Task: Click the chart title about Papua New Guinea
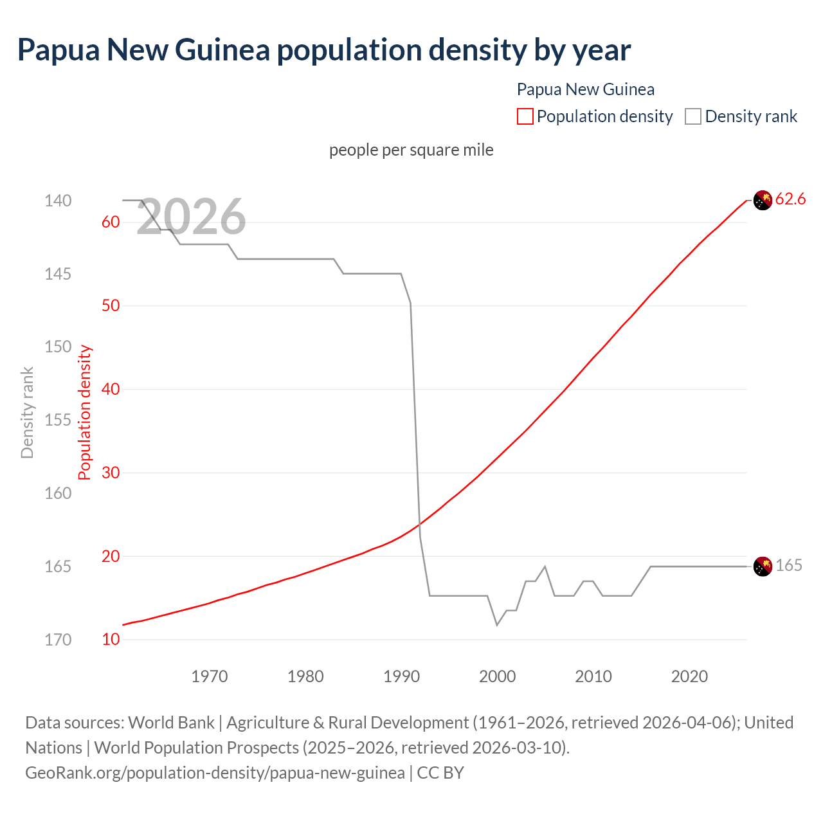[324, 50]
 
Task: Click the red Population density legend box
[525, 116]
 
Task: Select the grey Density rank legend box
[692, 116]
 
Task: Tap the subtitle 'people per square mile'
[411, 150]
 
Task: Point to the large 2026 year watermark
[191, 217]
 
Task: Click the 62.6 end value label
[790, 199]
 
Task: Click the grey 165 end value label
[789, 565]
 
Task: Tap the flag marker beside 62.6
[763, 201]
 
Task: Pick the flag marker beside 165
[763, 566]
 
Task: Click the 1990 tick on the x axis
[401, 676]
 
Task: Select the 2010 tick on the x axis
[593, 676]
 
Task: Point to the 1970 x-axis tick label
[210, 676]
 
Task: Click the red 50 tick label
[111, 305]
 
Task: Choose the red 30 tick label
[111, 473]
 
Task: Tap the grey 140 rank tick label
[58, 201]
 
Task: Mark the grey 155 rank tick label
[58, 420]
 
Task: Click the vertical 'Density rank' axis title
[27, 413]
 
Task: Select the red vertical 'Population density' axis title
[85, 413]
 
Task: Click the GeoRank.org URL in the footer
[215, 772]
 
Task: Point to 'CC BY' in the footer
[440, 772]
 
